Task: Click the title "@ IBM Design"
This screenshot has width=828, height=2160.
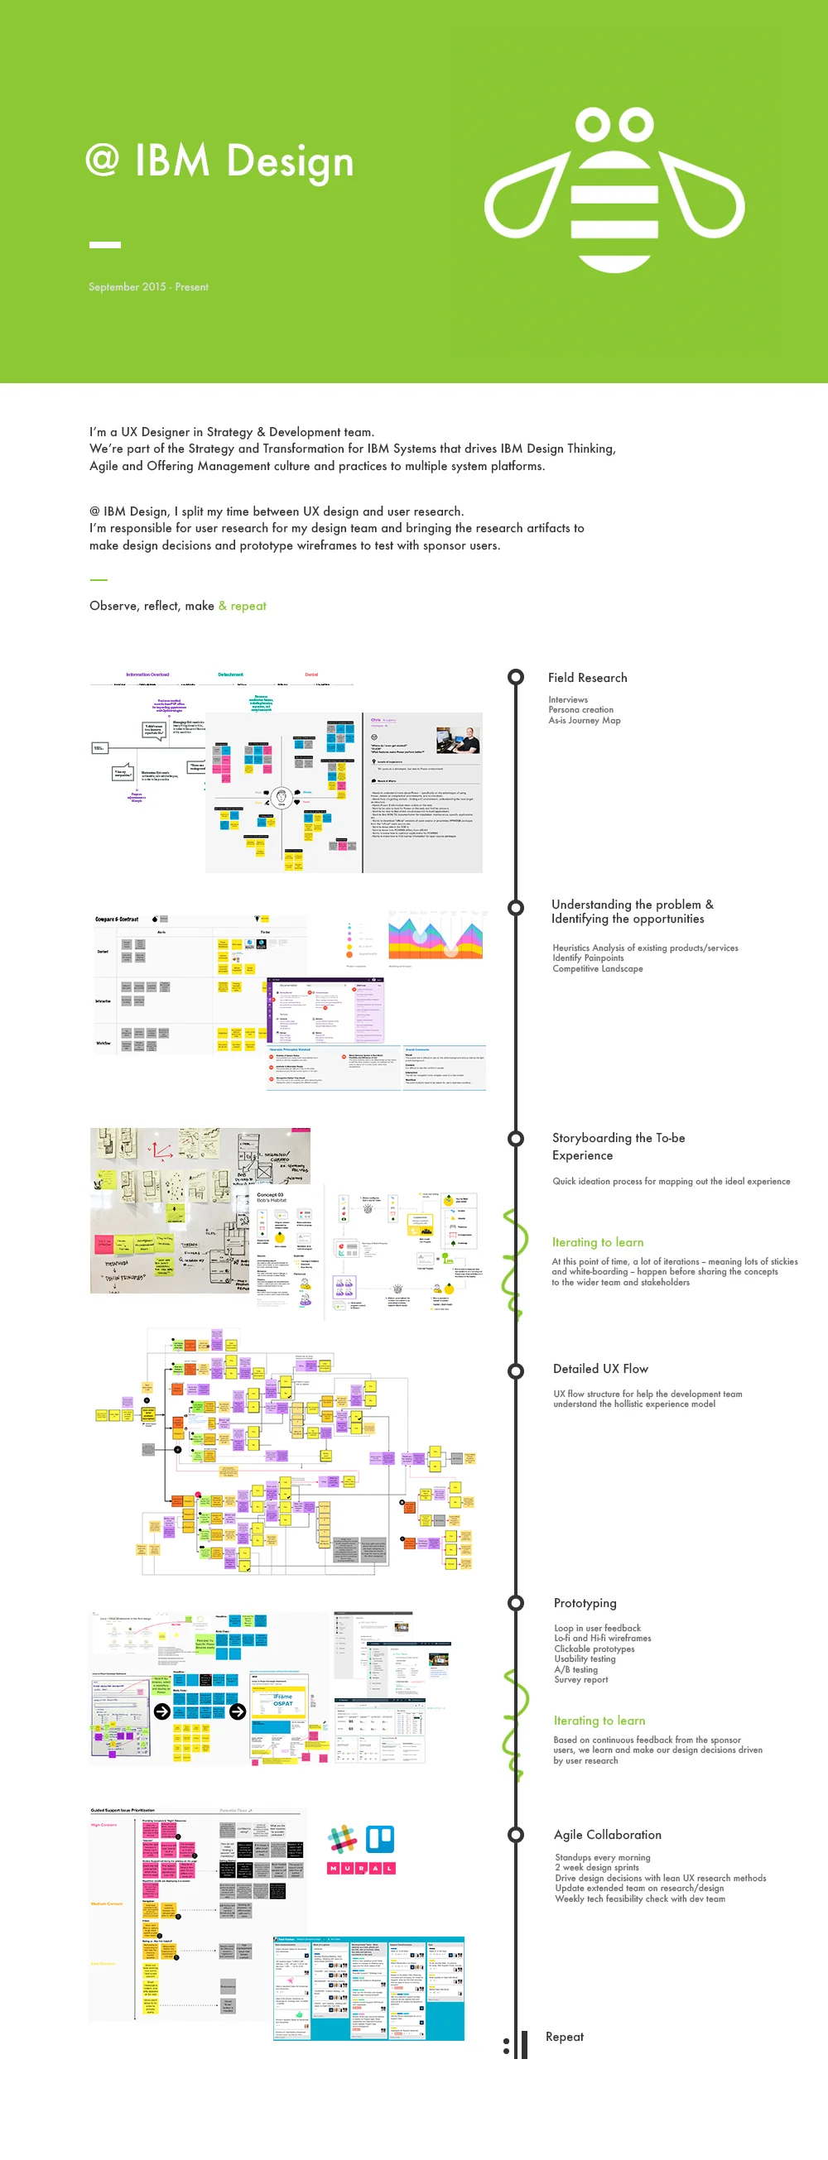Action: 219,161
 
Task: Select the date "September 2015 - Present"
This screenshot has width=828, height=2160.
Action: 148,287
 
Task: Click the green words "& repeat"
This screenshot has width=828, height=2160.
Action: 243,606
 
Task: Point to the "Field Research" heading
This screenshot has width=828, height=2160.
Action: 587,678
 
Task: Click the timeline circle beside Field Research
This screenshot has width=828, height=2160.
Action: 516,677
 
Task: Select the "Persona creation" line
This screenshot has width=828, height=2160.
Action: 580,709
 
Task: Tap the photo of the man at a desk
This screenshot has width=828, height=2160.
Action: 457,741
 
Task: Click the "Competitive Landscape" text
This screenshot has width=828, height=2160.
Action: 597,968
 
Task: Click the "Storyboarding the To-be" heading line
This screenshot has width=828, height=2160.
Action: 619,1138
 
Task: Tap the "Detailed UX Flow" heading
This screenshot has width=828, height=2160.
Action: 600,1369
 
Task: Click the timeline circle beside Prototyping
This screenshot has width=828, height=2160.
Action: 516,1602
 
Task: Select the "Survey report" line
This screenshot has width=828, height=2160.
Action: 580,1678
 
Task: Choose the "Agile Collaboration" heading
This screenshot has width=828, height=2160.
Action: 608,1835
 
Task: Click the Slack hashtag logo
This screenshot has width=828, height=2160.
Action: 342,1839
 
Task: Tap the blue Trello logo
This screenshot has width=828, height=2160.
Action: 380,1839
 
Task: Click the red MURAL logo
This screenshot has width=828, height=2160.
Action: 361,1868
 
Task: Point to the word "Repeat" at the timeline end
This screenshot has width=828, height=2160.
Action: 565,2037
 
